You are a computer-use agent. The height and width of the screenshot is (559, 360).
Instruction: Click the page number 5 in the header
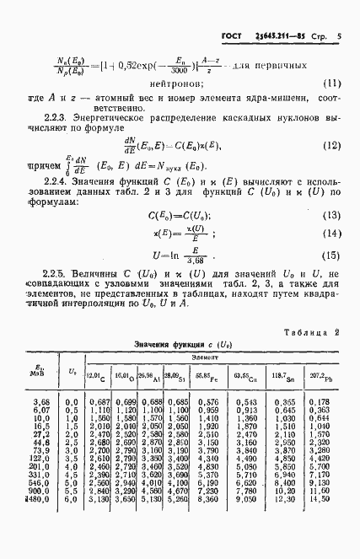[x=338, y=38]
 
